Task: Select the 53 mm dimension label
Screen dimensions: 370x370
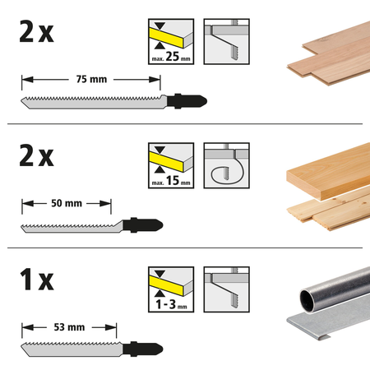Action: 68,327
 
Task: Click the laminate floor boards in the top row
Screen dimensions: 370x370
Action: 326,58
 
